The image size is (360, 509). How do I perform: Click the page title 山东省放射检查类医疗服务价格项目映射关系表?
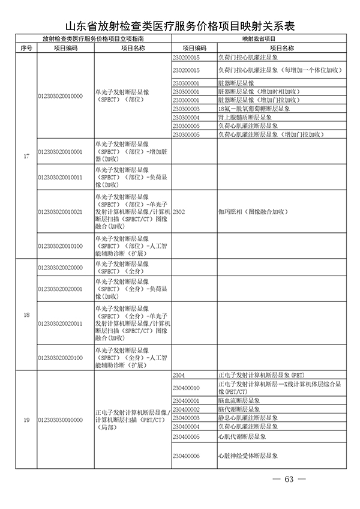pos(180,26)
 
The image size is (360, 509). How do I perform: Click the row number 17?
pos(26,156)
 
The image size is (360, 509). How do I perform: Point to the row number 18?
pos(26,315)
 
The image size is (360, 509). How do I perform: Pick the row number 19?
pos(26,420)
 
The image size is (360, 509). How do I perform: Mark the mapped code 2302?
pos(179,212)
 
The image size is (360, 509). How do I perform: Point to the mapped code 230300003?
pos(185,109)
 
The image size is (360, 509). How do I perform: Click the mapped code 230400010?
pos(185,388)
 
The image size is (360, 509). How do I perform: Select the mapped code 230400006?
pos(185,456)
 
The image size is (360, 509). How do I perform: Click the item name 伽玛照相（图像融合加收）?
pos(253,212)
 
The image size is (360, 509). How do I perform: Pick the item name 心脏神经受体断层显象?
pos(248,456)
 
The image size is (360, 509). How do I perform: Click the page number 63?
pos(289,479)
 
